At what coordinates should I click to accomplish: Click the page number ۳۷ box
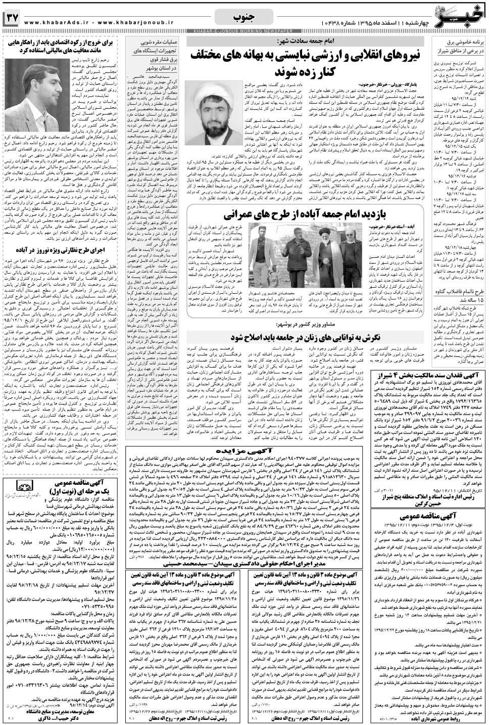coord(12,18)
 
